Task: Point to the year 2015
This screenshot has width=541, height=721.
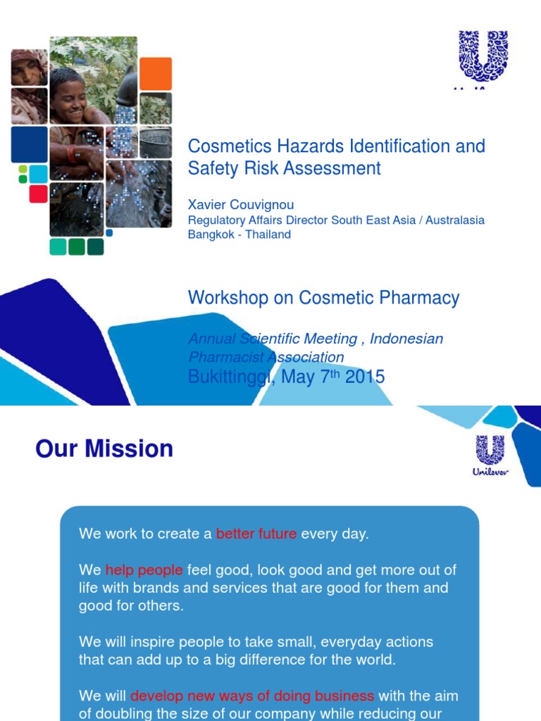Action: click(x=365, y=377)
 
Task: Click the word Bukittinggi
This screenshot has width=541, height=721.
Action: click(x=230, y=377)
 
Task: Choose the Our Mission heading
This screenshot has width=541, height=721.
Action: click(x=104, y=449)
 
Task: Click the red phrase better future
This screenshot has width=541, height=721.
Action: click(x=256, y=534)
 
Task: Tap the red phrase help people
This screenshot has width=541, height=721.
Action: click(x=144, y=570)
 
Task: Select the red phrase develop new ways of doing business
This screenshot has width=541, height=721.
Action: click(x=252, y=696)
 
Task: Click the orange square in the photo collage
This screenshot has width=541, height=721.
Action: click(x=156, y=73)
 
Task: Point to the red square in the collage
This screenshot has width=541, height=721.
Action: click(x=38, y=194)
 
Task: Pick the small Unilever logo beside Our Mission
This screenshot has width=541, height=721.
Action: click(x=490, y=454)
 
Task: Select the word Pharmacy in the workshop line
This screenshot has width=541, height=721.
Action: click(x=425, y=298)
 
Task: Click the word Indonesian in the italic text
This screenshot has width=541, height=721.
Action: click(x=406, y=339)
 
